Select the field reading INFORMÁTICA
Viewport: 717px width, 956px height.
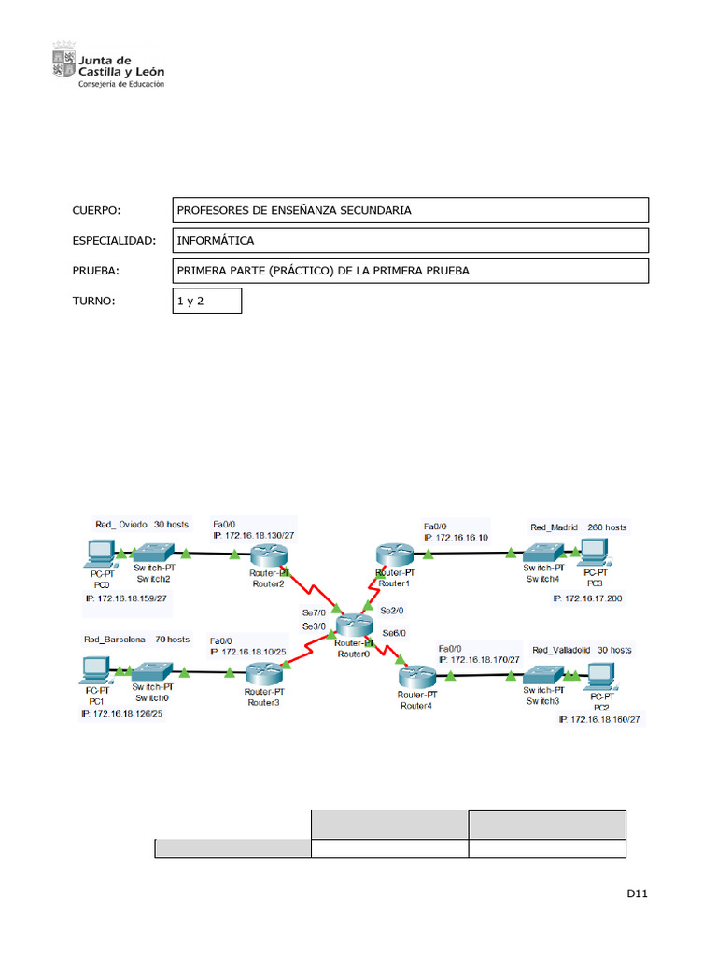(x=410, y=241)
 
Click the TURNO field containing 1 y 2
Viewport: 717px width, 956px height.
(x=206, y=301)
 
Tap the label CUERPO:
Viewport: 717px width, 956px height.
(x=97, y=210)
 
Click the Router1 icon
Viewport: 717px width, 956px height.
(x=394, y=555)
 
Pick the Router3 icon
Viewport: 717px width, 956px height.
(x=264, y=674)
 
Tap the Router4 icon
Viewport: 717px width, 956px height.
(x=417, y=676)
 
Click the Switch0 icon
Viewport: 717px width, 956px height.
(x=151, y=671)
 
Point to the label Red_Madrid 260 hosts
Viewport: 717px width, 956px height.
(x=579, y=527)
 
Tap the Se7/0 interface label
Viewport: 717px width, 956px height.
(x=314, y=612)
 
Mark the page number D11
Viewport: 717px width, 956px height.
(x=637, y=894)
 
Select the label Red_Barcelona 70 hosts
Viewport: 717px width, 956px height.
(x=136, y=640)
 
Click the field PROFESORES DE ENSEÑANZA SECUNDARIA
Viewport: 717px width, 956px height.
(x=410, y=210)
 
